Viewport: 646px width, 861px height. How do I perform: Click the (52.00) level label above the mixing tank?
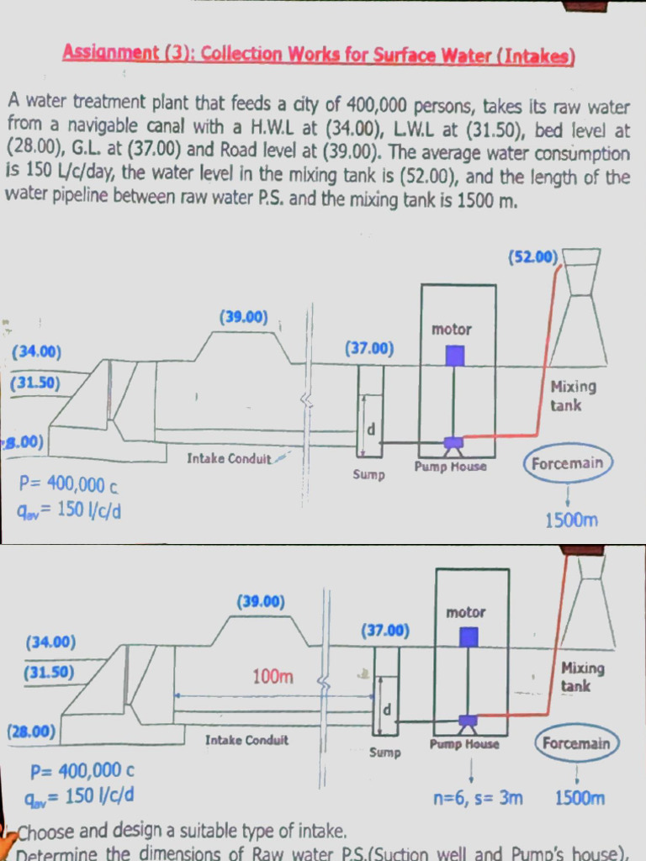[x=533, y=257]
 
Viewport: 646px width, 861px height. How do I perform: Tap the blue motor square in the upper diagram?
[x=454, y=356]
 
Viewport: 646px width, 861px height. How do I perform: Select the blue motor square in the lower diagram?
[x=469, y=637]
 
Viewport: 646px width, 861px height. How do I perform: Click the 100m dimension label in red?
[x=273, y=676]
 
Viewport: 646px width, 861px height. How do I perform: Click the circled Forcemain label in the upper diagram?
[x=568, y=463]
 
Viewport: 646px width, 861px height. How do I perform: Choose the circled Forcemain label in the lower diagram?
[x=576, y=743]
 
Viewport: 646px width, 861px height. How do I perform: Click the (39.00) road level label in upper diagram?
[x=243, y=318]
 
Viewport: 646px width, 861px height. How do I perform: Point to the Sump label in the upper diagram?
[x=368, y=475]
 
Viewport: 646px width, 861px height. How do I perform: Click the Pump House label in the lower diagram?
[x=463, y=744]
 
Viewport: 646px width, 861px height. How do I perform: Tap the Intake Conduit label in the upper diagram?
[x=229, y=458]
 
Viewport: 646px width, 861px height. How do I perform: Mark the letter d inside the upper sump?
[x=370, y=430]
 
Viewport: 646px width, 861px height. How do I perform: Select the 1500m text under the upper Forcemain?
[x=571, y=520]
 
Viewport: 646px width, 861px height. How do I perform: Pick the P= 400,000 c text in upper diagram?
[x=69, y=484]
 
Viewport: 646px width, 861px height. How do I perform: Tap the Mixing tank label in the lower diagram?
[x=582, y=677]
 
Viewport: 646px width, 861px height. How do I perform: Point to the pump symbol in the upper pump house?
[x=453, y=442]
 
